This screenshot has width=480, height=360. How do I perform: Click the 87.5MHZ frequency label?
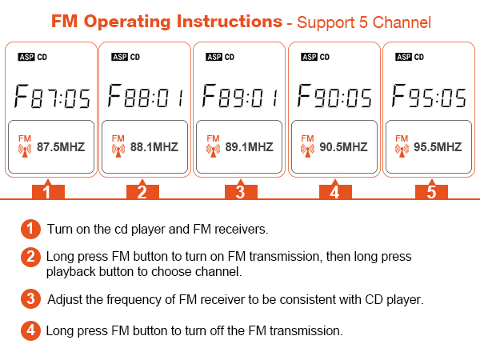(61, 147)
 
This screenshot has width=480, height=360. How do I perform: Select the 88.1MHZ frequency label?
(155, 147)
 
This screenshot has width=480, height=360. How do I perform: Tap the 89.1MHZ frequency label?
(250, 147)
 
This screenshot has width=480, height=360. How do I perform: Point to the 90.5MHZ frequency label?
(344, 147)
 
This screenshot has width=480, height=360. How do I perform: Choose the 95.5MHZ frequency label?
(438, 147)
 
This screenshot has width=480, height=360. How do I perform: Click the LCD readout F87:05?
(52, 98)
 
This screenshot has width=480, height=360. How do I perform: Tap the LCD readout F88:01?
(146, 98)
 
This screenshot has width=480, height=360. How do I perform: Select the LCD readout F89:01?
(241, 98)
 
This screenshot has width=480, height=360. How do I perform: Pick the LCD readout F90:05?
(335, 98)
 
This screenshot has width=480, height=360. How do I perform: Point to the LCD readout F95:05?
(430, 98)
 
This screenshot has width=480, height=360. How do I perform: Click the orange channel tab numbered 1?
(47, 192)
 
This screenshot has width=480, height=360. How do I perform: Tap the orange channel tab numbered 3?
(240, 192)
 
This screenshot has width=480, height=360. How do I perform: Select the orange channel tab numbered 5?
(431, 192)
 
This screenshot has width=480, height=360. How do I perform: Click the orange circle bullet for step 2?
(30, 257)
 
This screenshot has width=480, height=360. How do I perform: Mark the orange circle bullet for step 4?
(30, 330)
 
